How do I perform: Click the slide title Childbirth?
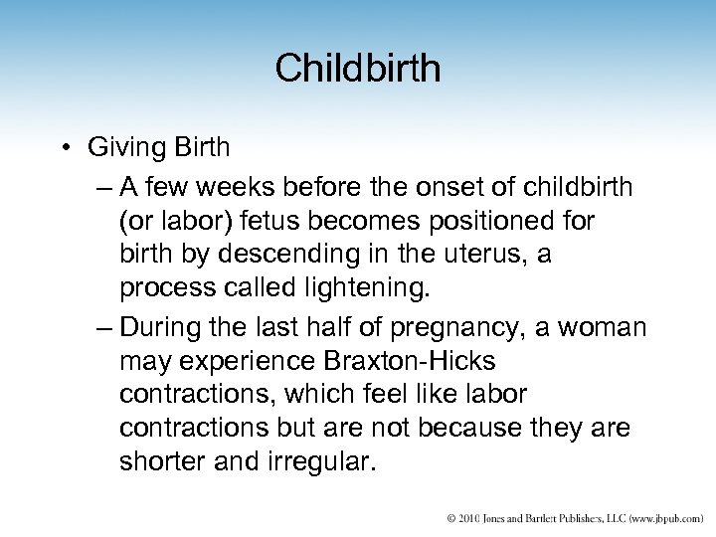[x=358, y=69]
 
